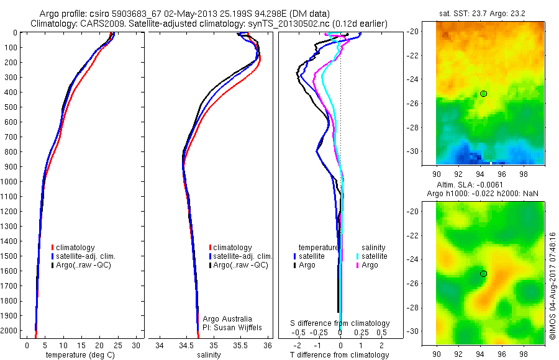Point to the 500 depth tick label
[x=11, y=107]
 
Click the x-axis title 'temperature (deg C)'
[x=78, y=354]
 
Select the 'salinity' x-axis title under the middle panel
[x=209, y=354]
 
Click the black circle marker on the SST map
[x=483, y=94]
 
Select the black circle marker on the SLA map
[x=483, y=274]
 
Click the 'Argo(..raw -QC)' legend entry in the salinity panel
[x=240, y=265]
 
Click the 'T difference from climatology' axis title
[x=340, y=355]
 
